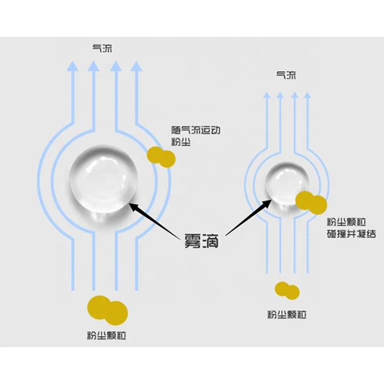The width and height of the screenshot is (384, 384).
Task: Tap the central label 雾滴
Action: click(x=201, y=241)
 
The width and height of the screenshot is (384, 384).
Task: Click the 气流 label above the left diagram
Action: click(x=101, y=49)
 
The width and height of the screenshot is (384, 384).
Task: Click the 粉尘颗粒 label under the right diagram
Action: click(x=287, y=314)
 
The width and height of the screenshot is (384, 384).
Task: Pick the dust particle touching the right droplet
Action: click(x=311, y=202)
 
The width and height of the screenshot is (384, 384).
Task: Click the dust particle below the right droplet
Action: click(x=287, y=290)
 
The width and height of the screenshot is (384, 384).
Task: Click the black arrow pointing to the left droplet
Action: click(x=154, y=219)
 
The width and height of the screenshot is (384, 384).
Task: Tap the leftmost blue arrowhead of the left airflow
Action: click(x=73, y=66)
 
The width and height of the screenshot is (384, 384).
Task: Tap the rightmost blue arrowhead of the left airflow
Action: click(x=136, y=66)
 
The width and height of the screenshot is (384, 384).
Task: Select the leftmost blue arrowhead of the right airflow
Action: click(x=266, y=95)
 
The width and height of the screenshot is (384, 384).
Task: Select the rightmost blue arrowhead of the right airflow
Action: click(x=307, y=95)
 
